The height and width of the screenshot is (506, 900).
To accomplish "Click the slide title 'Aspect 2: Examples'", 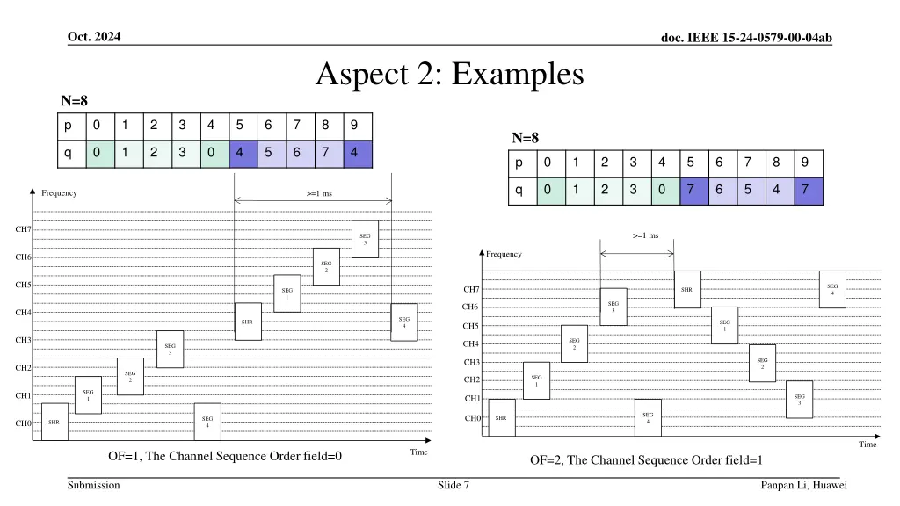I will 449,75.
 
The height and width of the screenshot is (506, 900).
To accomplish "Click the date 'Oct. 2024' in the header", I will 94,36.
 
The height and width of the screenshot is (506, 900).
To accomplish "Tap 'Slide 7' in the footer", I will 453,485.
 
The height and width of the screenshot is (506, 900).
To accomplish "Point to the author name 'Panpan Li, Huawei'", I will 804,485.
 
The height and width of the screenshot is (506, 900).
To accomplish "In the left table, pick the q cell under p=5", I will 240,152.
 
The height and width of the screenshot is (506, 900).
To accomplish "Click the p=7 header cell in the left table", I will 297,124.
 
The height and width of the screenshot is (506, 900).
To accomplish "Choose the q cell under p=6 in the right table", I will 719,191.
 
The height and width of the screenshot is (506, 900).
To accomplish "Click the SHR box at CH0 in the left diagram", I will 54,423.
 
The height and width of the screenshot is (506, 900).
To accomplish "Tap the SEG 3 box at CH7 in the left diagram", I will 365,238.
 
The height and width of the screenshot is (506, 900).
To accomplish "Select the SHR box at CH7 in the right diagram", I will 686,289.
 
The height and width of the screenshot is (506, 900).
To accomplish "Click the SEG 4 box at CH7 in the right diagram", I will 832,289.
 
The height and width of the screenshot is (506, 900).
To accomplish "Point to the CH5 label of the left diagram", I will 23,285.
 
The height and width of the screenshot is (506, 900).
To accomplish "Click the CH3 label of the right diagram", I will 471,362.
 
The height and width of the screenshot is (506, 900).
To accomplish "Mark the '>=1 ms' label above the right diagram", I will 645,235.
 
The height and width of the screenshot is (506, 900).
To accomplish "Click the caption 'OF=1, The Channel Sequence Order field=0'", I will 225,457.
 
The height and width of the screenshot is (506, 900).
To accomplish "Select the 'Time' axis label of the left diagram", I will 418,452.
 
